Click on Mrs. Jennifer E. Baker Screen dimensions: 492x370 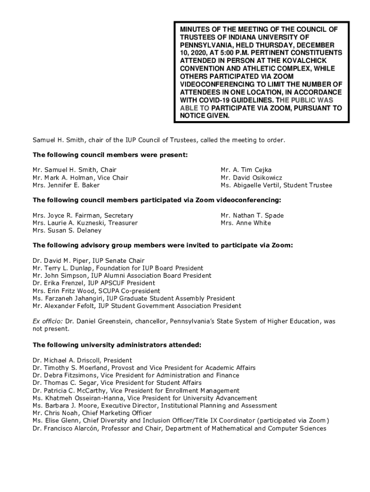point(66,185)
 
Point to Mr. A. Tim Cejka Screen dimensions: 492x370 point(246,170)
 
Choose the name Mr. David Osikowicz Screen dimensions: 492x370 point(251,178)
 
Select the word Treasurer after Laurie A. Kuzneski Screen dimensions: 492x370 point(122,223)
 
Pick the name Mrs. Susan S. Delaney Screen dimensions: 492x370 point(67,231)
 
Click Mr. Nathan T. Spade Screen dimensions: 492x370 point(252,215)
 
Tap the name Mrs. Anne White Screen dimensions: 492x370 point(246,223)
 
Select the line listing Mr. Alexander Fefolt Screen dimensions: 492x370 point(137,306)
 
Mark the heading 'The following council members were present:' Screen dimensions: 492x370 point(110,155)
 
